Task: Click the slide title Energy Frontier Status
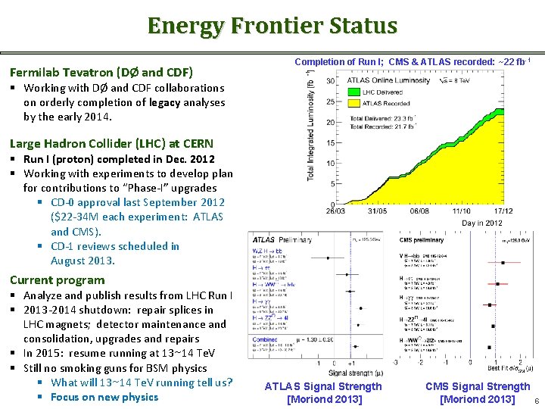(x=272, y=26)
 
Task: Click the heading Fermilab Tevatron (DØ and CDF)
(x=101, y=73)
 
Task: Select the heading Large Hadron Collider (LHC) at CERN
(x=111, y=143)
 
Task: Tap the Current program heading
(x=57, y=279)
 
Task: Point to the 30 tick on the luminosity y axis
(x=331, y=81)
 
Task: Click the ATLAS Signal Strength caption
(x=323, y=386)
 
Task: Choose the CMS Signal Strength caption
(x=478, y=386)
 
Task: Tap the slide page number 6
(x=536, y=401)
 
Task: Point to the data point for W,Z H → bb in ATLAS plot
(x=327, y=258)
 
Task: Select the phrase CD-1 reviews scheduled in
(x=115, y=246)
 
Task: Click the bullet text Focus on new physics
(x=104, y=397)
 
